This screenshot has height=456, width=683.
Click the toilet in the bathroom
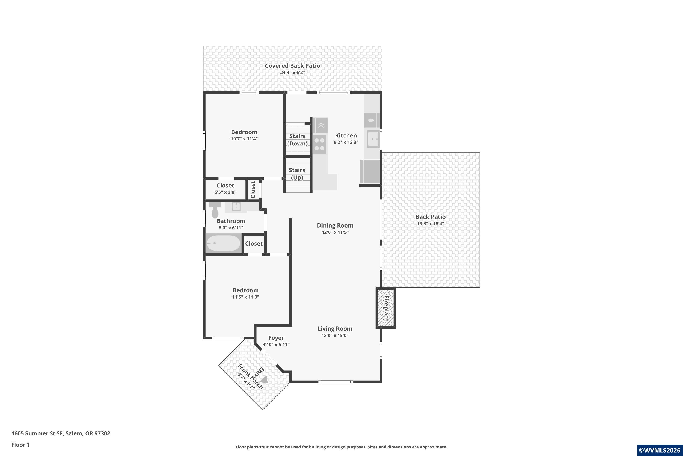[x=215, y=210]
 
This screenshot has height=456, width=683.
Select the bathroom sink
[x=236, y=207]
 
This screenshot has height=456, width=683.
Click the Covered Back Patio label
[x=292, y=66]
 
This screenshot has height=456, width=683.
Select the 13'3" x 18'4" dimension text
[x=430, y=224]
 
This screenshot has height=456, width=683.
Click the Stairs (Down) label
[x=297, y=140]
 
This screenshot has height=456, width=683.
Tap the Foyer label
[x=276, y=338]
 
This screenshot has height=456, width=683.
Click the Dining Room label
[x=335, y=225]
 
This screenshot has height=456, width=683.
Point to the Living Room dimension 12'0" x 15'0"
[x=335, y=335]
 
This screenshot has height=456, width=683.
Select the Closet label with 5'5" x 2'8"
[x=225, y=186]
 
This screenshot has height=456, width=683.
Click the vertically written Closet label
[x=253, y=190]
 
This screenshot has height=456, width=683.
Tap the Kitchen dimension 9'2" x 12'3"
[x=346, y=142]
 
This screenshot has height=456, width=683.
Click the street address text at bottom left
[x=61, y=433]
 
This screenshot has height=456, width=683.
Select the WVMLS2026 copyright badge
[x=660, y=450]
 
